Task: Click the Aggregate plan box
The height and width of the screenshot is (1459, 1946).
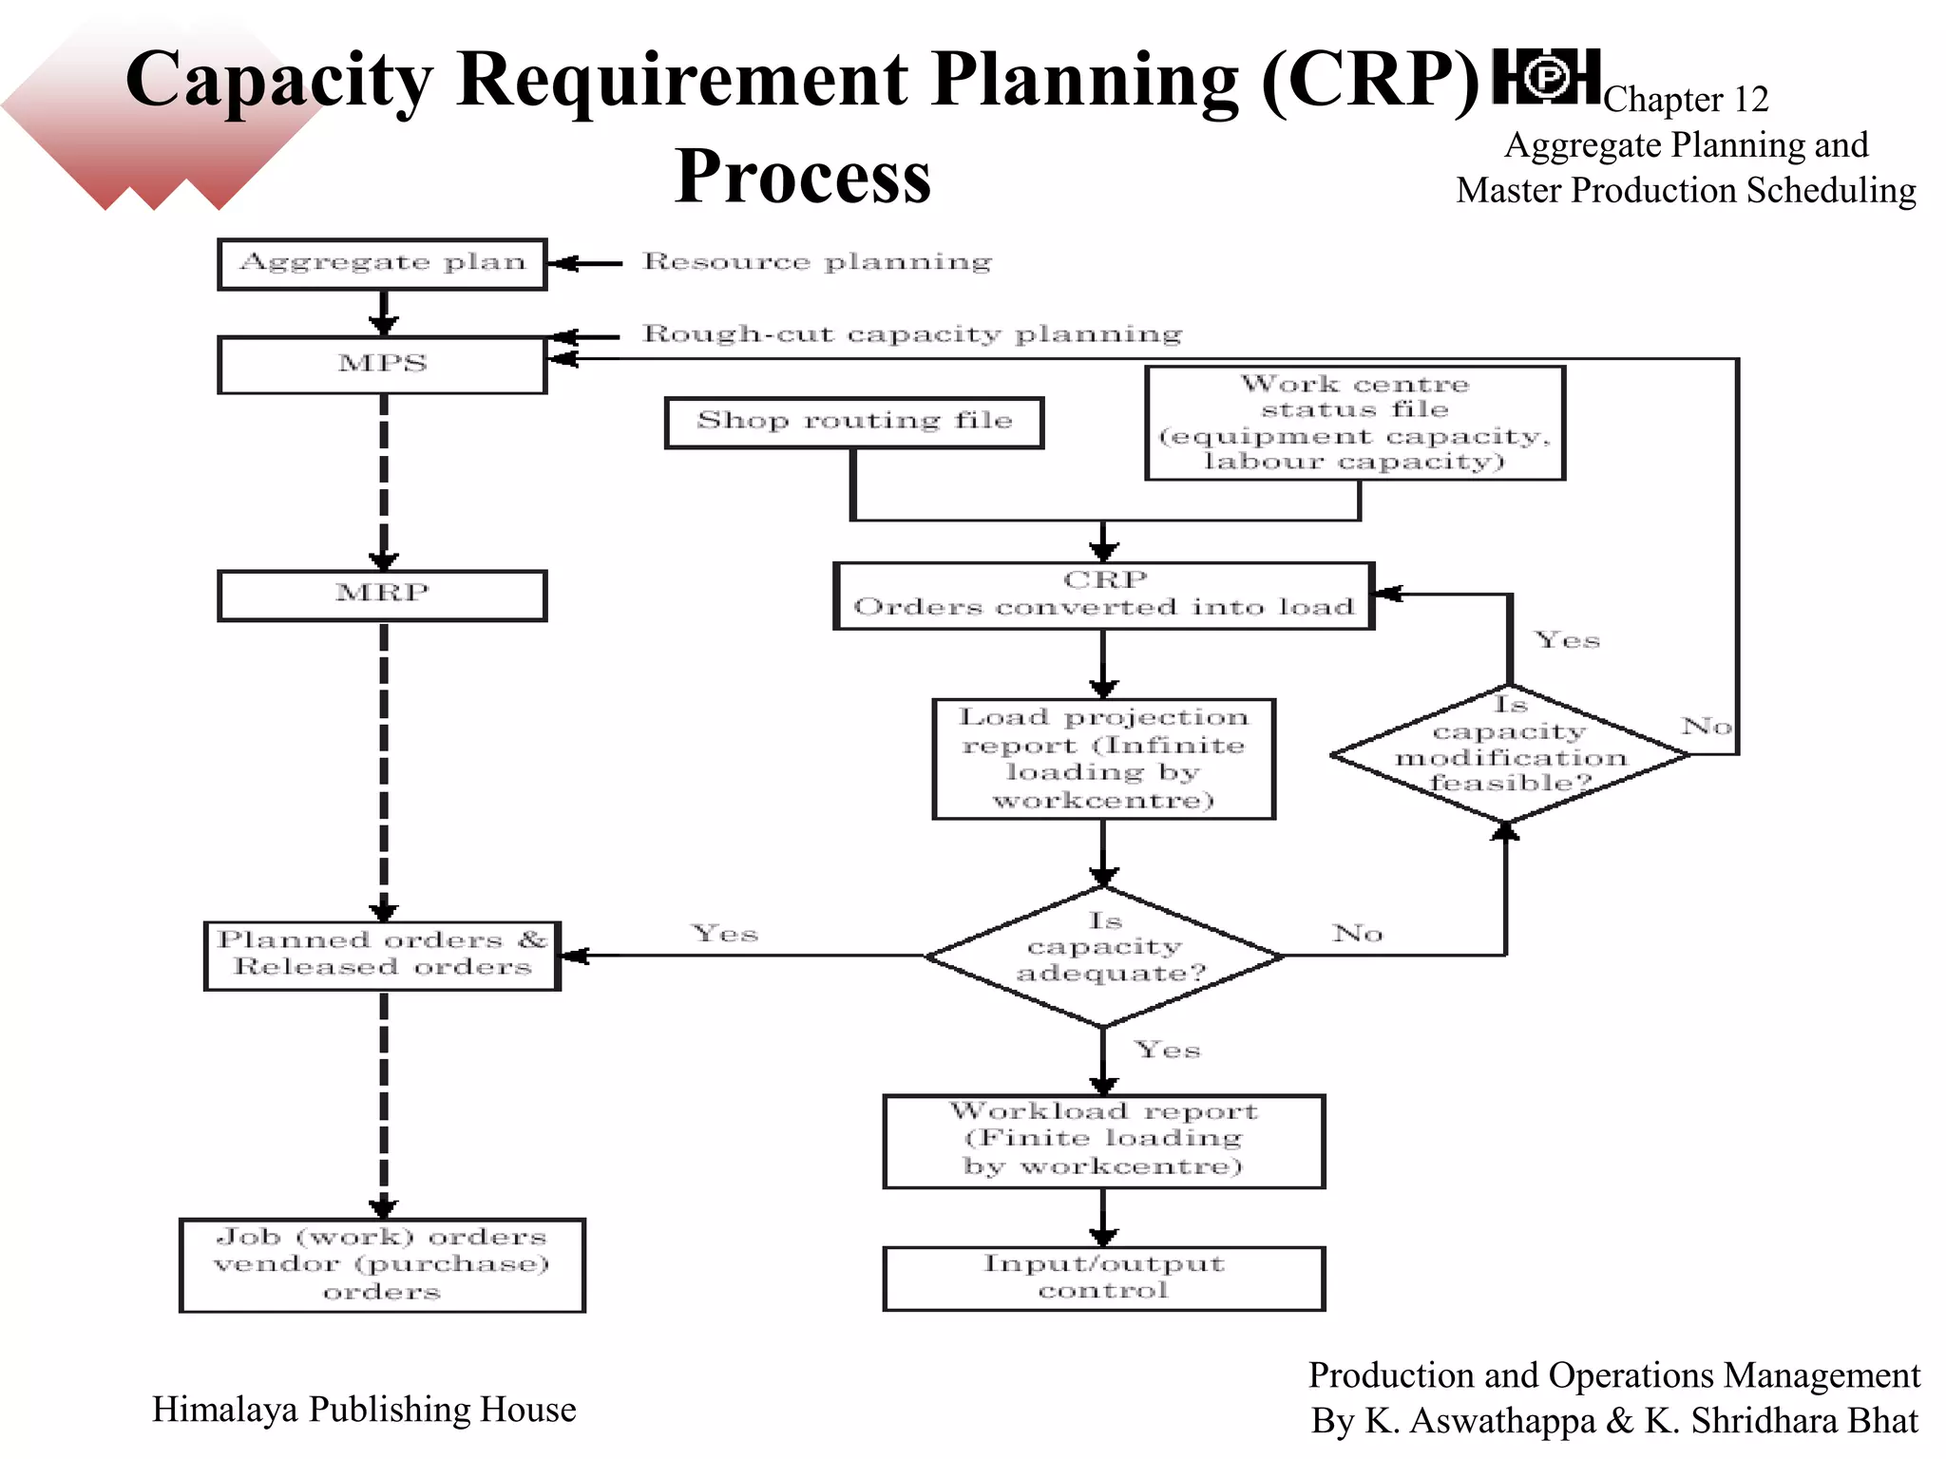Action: click(x=382, y=263)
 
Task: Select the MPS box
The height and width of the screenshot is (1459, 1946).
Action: click(x=382, y=365)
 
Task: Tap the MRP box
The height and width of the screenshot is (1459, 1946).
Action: click(x=382, y=595)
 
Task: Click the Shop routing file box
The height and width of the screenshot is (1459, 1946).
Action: click(x=853, y=422)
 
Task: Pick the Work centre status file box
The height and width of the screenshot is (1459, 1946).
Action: click(x=1354, y=423)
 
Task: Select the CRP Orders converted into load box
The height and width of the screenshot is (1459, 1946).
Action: click(x=1103, y=595)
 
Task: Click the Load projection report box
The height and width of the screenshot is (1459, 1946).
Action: click(x=1103, y=758)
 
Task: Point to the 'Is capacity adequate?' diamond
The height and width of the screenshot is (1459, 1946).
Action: click(x=1104, y=956)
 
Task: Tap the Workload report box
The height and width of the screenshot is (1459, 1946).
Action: click(x=1103, y=1140)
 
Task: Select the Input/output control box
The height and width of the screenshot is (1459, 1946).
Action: click(x=1103, y=1278)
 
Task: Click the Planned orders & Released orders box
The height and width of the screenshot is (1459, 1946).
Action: click(x=382, y=955)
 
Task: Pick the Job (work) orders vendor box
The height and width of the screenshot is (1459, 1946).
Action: click(x=382, y=1264)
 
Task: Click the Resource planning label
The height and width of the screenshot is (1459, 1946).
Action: click(x=817, y=261)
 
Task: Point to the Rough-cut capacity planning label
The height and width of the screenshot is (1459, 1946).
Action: click(x=912, y=333)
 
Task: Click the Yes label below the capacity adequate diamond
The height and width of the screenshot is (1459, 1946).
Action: click(x=1168, y=1050)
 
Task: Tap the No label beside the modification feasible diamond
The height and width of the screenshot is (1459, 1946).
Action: click(x=1707, y=727)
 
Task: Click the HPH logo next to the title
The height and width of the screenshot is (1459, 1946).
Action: click(x=1546, y=77)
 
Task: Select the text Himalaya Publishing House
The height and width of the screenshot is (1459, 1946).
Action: click(x=364, y=1409)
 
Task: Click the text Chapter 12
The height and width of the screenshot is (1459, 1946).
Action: click(x=1686, y=99)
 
